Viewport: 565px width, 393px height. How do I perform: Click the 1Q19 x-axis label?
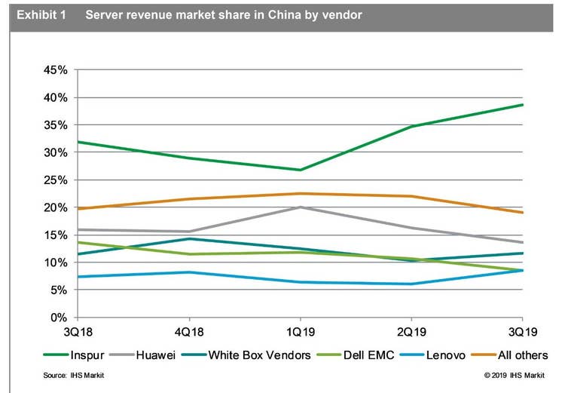tap(300, 331)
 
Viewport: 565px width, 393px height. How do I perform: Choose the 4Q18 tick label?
tap(188, 331)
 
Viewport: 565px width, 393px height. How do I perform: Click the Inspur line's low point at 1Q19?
tap(300, 170)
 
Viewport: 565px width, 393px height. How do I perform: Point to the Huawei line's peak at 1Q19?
tap(300, 207)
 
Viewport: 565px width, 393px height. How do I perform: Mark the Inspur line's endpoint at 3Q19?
tap(522, 105)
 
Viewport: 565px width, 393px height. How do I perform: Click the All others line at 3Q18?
tap(78, 208)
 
